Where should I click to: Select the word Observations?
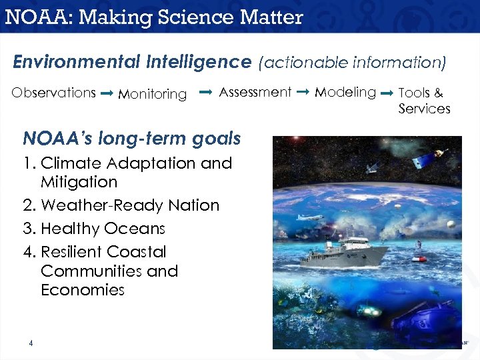[54, 93]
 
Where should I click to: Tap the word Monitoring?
[152, 95]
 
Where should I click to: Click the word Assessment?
[255, 92]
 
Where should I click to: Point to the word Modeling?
[345, 92]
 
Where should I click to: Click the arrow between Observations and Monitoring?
[106, 94]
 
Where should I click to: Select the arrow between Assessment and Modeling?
[302, 91]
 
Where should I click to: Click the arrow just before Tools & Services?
[387, 94]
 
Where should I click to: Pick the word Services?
[424, 109]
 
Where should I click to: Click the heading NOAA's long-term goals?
[131, 139]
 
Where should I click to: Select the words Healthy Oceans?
[103, 229]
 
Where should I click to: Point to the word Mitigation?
[79, 182]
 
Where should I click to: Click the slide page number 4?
[31, 343]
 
